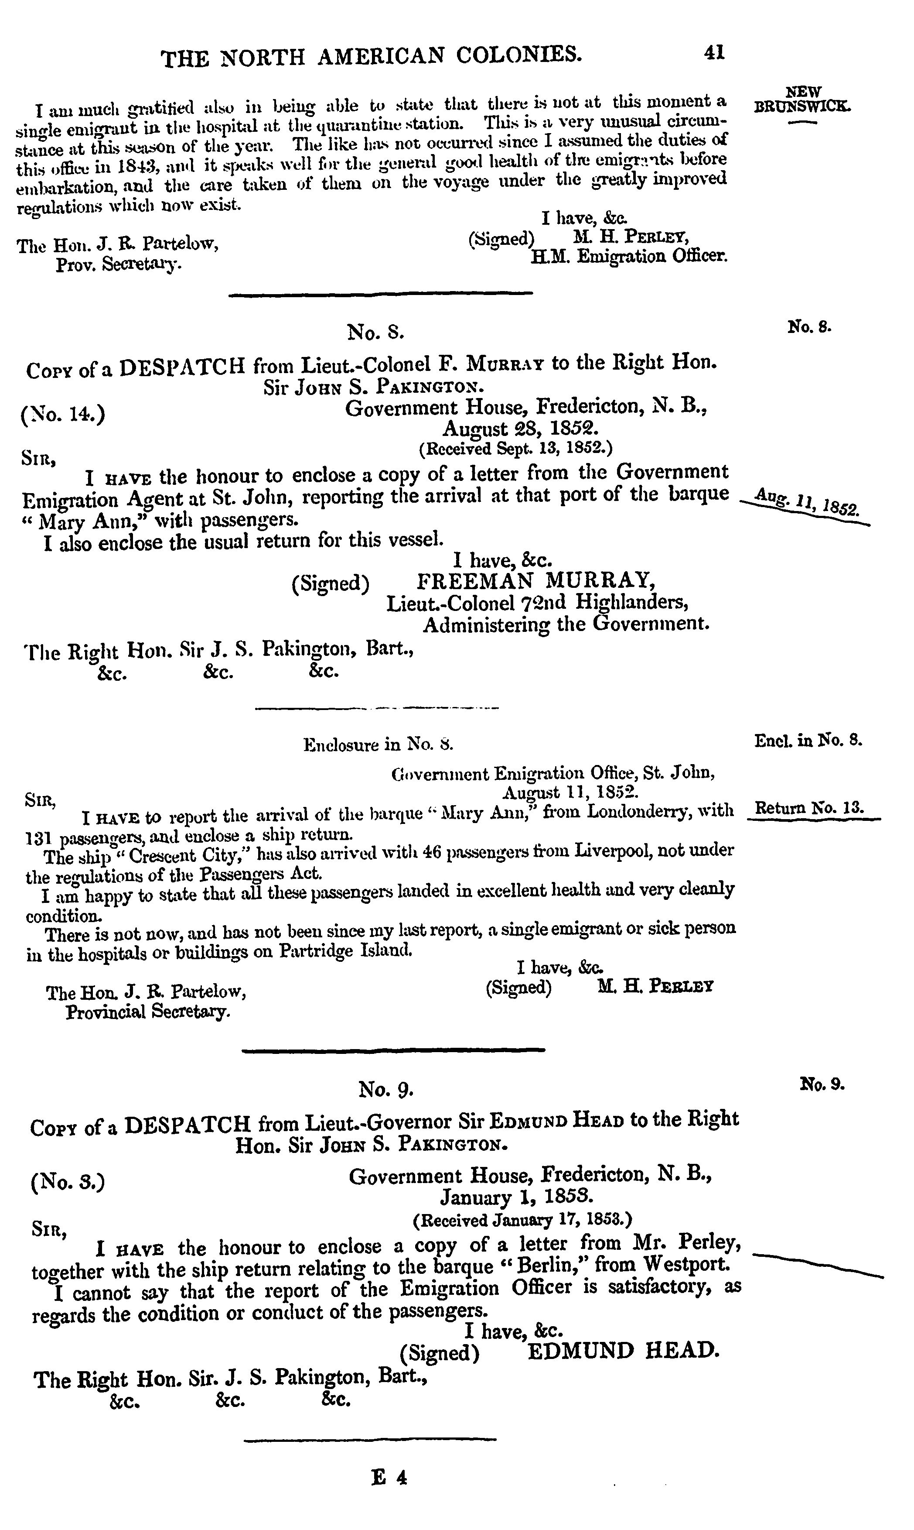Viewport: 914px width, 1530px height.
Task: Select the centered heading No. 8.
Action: pyautogui.click(x=376, y=332)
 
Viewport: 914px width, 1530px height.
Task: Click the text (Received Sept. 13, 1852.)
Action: pyautogui.click(x=515, y=449)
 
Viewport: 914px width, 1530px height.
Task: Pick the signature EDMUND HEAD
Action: pyautogui.click(x=623, y=1352)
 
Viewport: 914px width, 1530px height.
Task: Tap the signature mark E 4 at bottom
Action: pyautogui.click(x=389, y=1478)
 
